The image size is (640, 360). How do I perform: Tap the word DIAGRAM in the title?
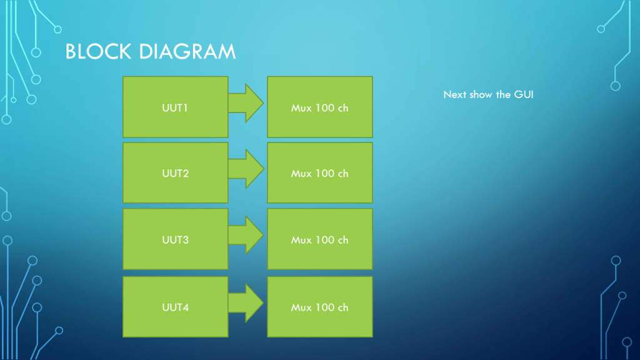click(x=187, y=52)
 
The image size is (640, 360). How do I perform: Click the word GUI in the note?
click(x=524, y=95)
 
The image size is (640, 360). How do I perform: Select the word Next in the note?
click(x=454, y=95)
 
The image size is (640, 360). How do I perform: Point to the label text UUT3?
click(x=175, y=240)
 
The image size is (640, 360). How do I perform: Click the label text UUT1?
click(x=175, y=108)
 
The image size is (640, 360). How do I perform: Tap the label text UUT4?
click(x=175, y=307)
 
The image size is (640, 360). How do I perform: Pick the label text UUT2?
click(x=175, y=174)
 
